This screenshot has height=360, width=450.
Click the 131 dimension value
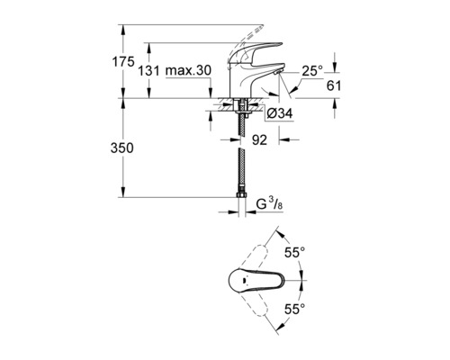tap(148, 71)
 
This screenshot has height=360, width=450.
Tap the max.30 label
tap(188, 70)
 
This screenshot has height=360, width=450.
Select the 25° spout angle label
tap(312, 71)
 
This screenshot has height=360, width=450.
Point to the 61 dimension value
tap(334, 85)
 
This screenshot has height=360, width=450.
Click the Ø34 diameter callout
tap(279, 113)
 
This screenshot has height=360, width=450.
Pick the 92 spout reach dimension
tap(259, 139)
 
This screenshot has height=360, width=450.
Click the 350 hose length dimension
tap(121, 148)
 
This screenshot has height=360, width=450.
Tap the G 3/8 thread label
tap(269, 204)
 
